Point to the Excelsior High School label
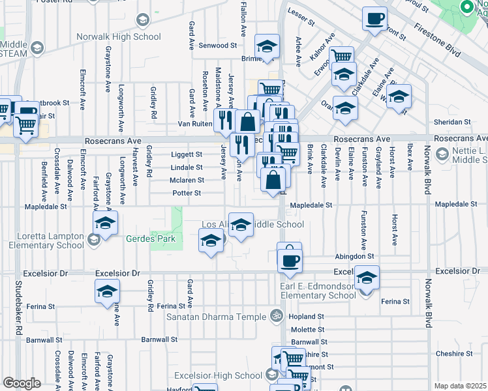pos(218,376)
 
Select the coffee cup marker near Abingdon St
pos(289,259)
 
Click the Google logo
pos(22,383)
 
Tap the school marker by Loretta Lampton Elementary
pos(105,222)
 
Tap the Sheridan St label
pos(452,122)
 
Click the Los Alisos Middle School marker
pos(241,225)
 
